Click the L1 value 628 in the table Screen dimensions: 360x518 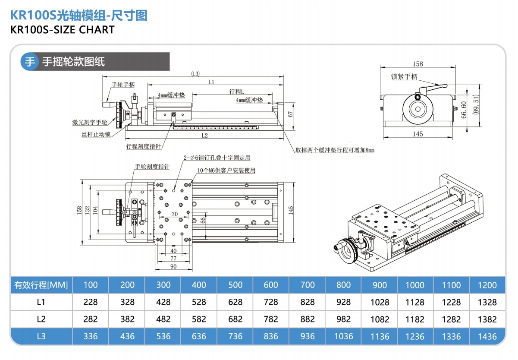235,302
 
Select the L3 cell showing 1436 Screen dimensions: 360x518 487,336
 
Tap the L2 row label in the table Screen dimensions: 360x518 41,319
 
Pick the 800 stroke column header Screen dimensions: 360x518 343,285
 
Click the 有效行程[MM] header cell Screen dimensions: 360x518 41,285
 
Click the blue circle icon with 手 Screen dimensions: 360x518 30,62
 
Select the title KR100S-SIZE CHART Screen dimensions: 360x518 62,30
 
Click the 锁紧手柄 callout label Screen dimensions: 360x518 404,77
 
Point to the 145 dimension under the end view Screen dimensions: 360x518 418,134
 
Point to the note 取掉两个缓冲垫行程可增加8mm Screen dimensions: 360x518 335,150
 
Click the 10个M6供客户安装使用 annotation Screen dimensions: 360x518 226,171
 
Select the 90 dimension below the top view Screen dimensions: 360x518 173,266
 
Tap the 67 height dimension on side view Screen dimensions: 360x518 291,114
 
